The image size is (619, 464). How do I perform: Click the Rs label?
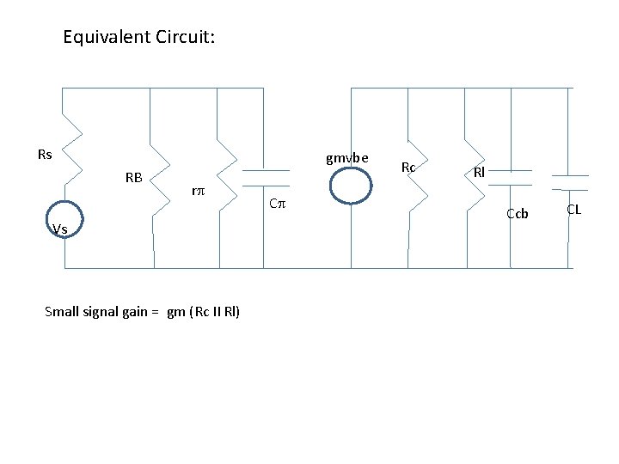[x=45, y=155]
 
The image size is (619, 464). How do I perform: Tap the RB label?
[x=133, y=179]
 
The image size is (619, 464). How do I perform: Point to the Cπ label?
[x=276, y=205]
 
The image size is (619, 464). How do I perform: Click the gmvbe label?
[x=346, y=157]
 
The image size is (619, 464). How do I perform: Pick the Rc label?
[x=408, y=167]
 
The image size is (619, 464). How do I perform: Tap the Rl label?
[x=479, y=172]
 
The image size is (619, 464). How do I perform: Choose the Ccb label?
[x=517, y=213]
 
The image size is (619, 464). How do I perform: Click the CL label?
[x=573, y=209]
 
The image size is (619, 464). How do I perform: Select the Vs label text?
[x=59, y=229]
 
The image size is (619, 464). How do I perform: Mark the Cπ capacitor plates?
[x=266, y=177]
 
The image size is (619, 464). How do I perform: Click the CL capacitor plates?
[x=570, y=181]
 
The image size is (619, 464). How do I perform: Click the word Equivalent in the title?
[x=107, y=38]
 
